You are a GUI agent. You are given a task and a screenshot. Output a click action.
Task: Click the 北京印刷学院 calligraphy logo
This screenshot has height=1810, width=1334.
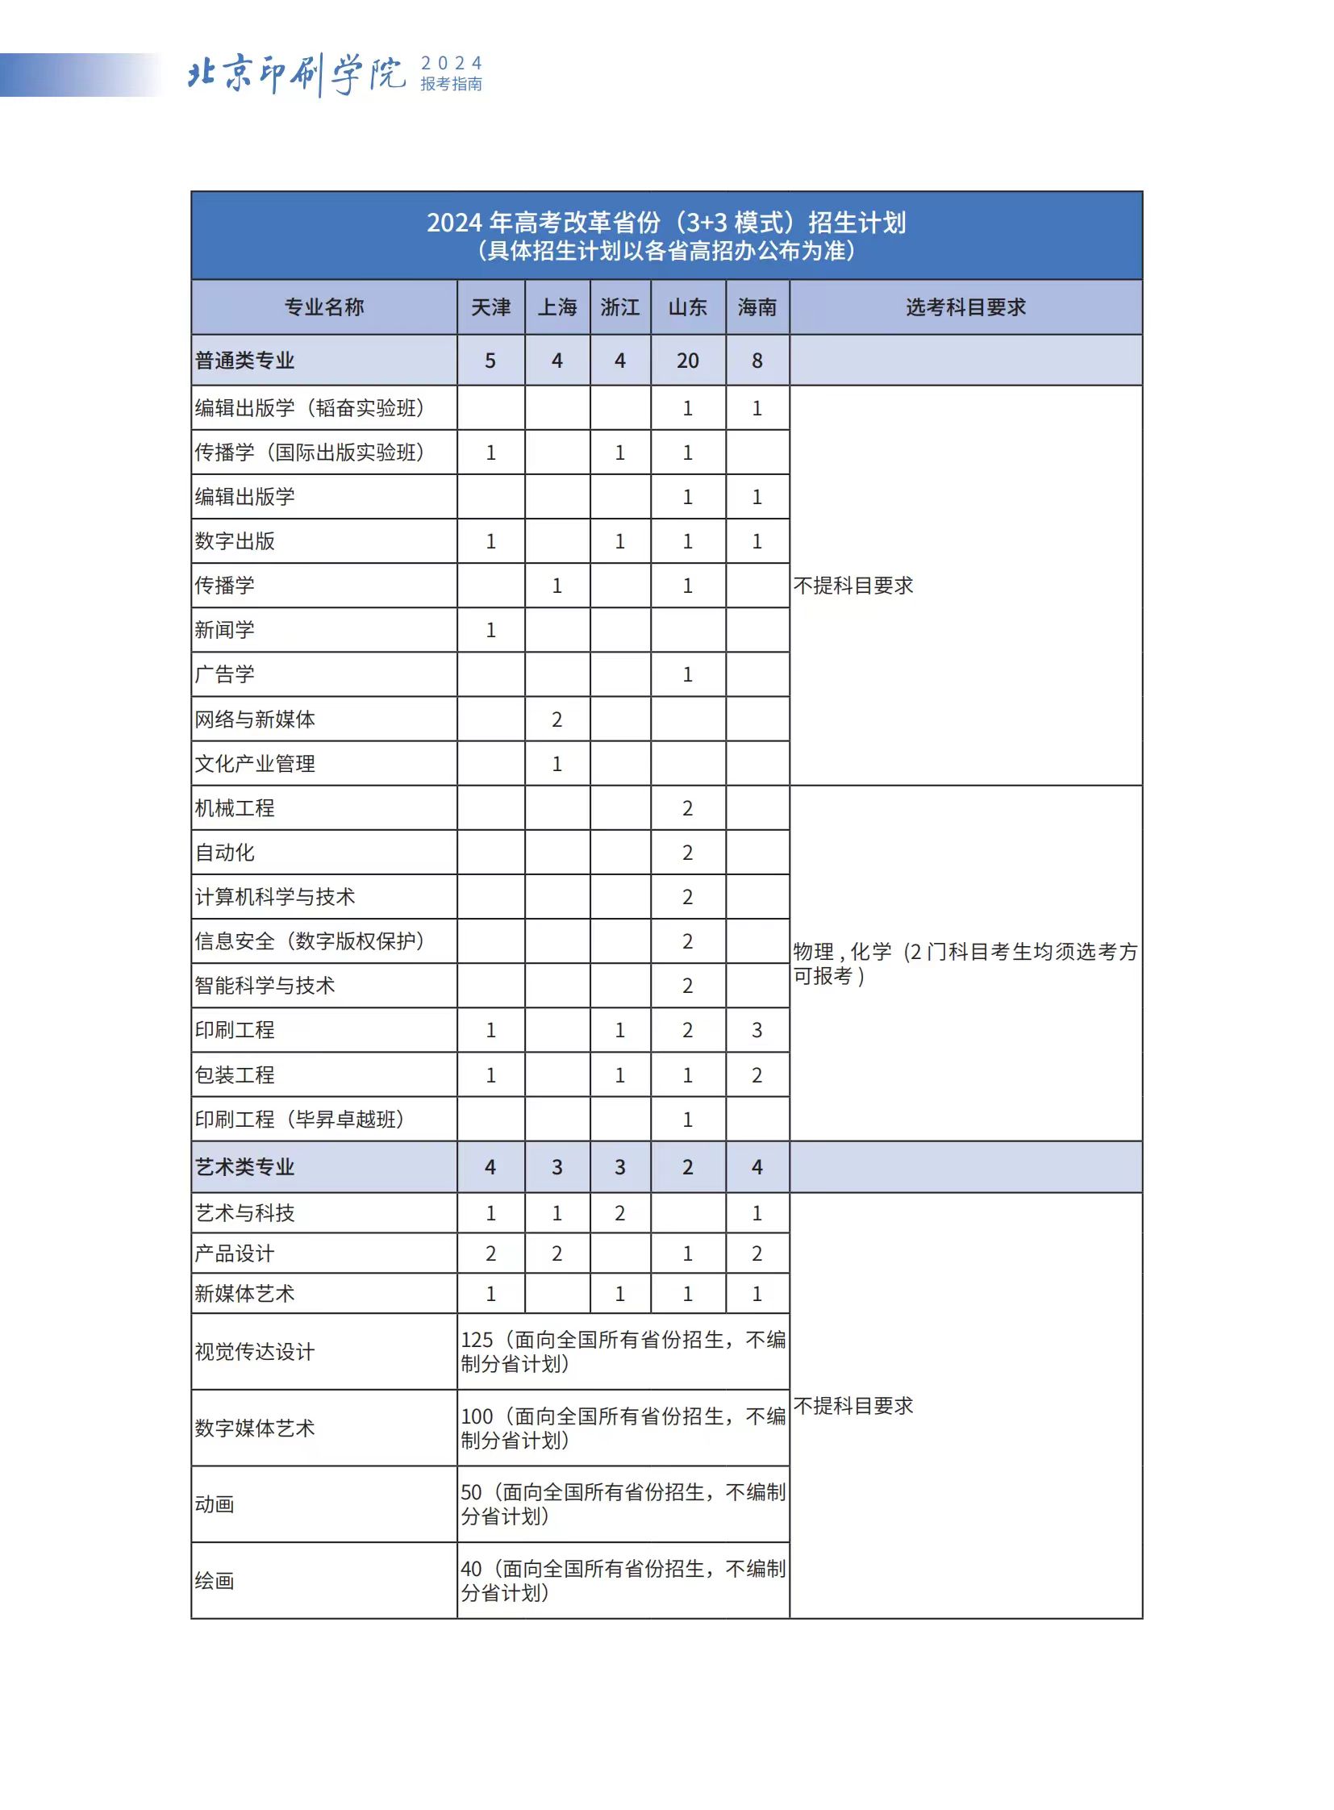(296, 74)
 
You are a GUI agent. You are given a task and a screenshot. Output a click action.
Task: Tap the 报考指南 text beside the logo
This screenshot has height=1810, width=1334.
(451, 84)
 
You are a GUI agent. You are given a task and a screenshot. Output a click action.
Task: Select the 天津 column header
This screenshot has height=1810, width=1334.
(490, 307)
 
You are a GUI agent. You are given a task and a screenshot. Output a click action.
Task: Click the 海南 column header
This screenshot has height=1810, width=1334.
(757, 307)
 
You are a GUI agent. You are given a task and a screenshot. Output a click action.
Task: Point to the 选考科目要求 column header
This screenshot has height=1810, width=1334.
(965, 307)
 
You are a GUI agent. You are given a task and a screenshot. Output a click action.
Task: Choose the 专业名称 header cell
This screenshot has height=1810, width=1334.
(323, 307)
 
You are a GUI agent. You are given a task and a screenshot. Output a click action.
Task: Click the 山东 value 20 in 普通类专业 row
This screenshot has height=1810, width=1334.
(687, 361)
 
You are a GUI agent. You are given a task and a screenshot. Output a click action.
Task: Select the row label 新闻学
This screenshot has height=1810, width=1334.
(224, 630)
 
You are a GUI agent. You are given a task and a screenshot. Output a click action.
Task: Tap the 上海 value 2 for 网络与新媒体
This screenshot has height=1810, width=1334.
(557, 719)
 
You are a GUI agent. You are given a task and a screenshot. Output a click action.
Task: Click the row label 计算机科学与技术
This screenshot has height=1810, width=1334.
(274, 896)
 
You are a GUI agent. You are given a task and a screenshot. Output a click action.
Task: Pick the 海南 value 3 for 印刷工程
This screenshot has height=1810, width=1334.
(757, 1030)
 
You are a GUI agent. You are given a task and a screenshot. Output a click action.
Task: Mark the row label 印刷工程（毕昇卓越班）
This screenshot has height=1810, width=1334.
(299, 1120)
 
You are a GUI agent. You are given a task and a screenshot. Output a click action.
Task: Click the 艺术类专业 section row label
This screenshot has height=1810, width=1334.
(244, 1166)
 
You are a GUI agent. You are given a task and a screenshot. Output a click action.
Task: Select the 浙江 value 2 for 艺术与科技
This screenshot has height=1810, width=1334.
(619, 1212)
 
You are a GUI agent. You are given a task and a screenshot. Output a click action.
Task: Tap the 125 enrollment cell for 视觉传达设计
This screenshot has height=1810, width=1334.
(623, 1351)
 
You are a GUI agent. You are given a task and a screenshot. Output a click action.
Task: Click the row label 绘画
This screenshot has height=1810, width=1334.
(215, 1581)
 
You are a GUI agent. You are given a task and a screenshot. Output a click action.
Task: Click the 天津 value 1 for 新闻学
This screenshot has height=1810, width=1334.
(490, 630)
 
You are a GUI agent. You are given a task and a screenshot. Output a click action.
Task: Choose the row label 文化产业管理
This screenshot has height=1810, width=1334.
(255, 763)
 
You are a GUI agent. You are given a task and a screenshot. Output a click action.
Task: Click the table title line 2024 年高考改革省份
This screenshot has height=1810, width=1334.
(666, 222)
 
